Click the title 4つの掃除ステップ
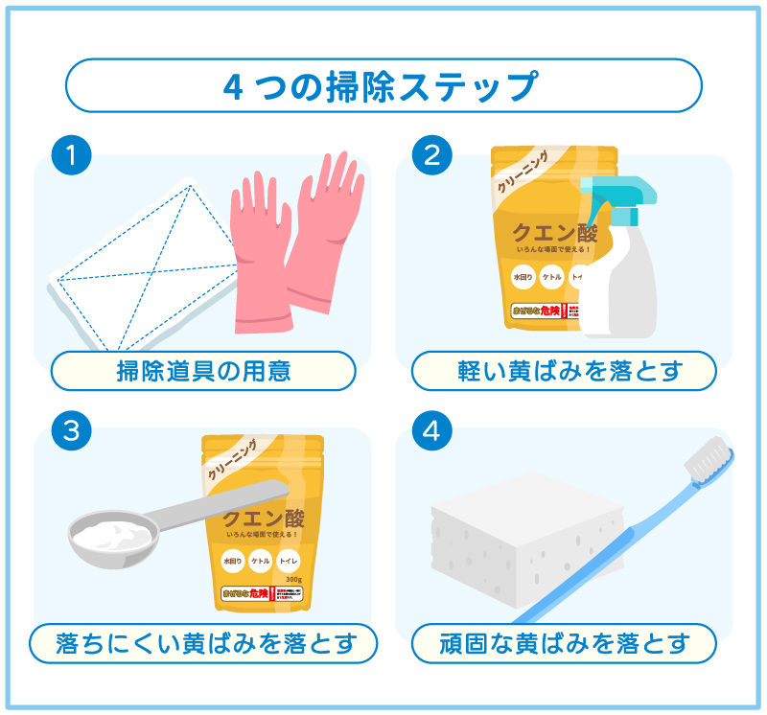pos(383,86)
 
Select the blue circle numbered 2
pos(433,154)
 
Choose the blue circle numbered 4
pos(433,431)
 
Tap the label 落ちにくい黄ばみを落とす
pos(203,643)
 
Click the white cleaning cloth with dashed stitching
pos(134,249)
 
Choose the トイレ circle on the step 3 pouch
pos(289,561)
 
